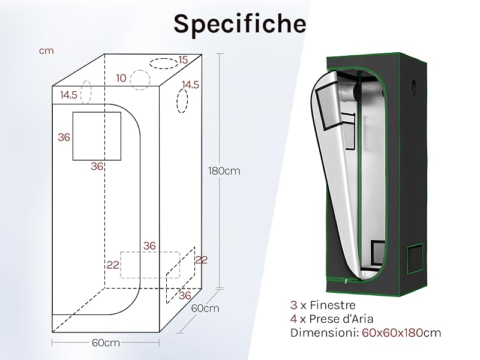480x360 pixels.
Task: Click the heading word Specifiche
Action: (x=240, y=24)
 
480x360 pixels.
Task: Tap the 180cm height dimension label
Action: (x=224, y=171)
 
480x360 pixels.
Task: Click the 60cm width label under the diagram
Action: (x=106, y=343)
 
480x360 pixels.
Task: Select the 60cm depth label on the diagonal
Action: (x=205, y=308)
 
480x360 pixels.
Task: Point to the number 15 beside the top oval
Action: (x=183, y=59)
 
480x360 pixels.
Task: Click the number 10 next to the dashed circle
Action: (x=121, y=78)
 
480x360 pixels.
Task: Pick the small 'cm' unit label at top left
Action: (x=46, y=50)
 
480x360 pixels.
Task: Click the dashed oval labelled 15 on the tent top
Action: (x=164, y=64)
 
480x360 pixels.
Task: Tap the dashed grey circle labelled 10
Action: (x=140, y=80)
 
